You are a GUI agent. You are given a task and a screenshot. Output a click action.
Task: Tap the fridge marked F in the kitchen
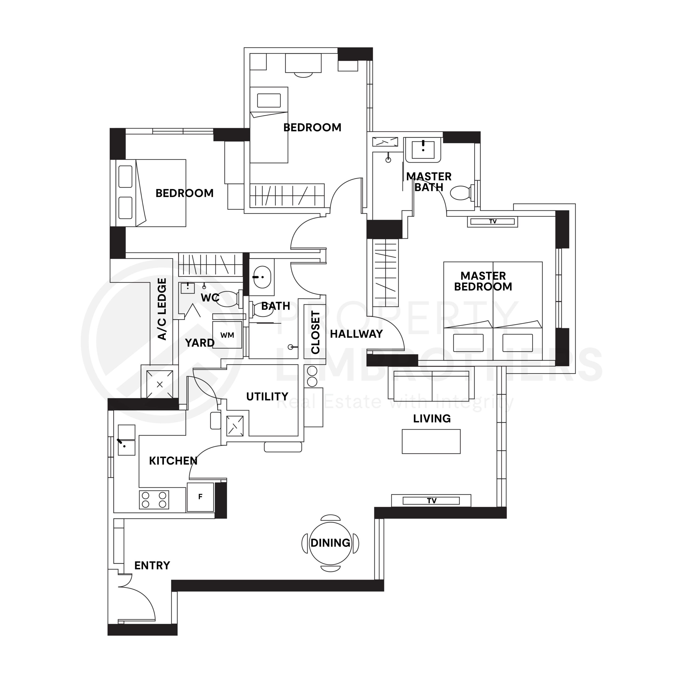(200, 497)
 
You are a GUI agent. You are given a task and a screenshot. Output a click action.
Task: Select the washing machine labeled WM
(227, 335)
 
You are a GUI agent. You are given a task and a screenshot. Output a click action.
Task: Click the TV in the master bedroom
(493, 222)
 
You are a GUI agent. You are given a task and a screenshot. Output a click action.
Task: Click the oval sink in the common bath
(262, 277)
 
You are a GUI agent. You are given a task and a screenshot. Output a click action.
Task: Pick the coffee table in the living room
(431, 442)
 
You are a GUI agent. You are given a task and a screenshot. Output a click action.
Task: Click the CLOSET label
(315, 332)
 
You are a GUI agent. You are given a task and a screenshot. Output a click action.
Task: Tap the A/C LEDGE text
(162, 309)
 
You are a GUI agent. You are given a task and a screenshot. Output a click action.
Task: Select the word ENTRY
(152, 566)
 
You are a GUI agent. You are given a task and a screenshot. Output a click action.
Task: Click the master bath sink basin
(423, 149)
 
